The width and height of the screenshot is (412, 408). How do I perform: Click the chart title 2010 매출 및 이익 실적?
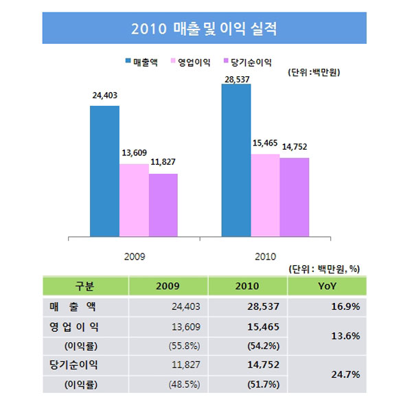[206, 30]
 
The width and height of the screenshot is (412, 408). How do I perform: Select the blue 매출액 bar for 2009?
[105, 172]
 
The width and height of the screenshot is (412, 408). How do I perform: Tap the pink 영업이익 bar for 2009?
[134, 201]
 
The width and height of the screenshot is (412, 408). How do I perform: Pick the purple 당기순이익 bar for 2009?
[163, 205]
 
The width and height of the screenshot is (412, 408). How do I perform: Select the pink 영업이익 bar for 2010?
[265, 196]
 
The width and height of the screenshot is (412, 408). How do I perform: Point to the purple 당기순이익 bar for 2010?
[294, 198]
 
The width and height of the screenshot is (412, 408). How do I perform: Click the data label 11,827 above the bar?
[163, 165]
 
